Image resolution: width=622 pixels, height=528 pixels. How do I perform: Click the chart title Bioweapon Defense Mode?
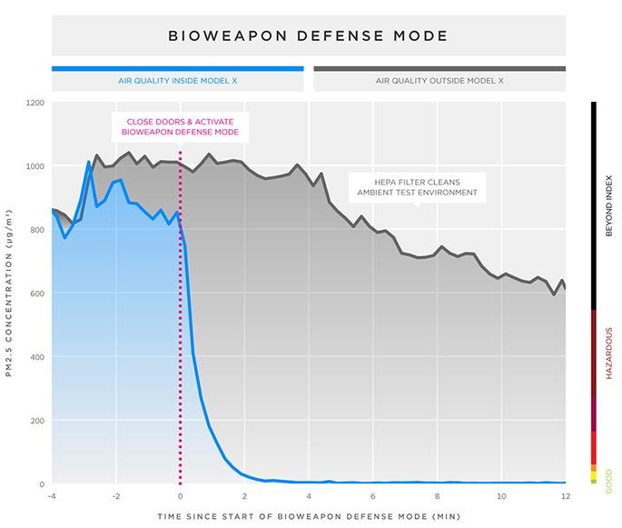[308, 35]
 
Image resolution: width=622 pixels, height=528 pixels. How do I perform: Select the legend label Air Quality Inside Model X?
[178, 81]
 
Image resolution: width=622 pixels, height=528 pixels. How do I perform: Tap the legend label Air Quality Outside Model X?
[439, 81]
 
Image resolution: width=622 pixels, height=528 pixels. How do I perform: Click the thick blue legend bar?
[178, 69]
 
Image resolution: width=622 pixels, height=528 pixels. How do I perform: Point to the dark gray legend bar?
[439, 69]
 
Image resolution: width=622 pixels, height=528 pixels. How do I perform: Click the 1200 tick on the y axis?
[35, 103]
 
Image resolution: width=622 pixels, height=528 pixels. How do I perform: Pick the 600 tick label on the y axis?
[37, 294]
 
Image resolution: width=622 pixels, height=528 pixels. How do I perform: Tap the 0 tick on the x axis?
[180, 496]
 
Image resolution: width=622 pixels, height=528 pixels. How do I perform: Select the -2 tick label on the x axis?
[116, 496]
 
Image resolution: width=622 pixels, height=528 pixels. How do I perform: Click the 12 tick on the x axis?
[566, 496]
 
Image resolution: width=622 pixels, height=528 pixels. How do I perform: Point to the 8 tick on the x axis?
[437, 496]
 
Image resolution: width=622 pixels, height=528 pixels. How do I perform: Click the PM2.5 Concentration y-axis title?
[9, 293]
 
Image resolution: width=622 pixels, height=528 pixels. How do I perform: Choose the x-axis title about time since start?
[309, 516]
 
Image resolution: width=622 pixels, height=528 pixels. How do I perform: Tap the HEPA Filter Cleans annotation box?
[418, 187]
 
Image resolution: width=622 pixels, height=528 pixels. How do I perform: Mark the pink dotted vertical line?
[180, 317]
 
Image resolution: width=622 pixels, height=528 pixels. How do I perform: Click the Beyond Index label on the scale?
[609, 205]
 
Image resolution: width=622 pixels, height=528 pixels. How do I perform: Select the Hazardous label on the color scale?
[609, 353]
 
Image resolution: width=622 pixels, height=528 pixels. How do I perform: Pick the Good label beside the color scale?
[609, 482]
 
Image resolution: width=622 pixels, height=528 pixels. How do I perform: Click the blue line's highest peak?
[88, 162]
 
